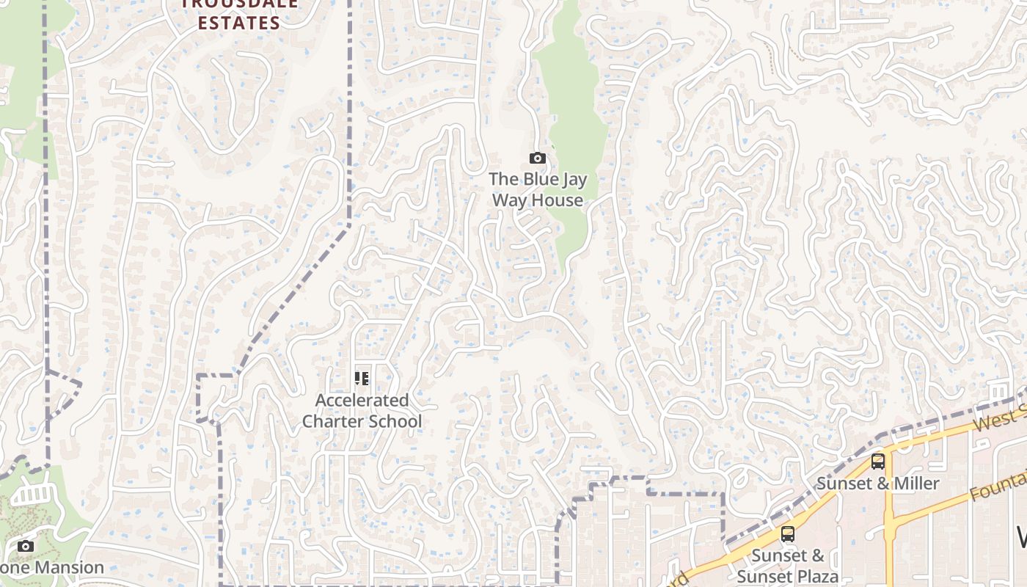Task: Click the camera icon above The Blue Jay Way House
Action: (538, 158)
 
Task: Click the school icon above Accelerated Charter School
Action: (362, 379)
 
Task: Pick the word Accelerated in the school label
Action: (362, 401)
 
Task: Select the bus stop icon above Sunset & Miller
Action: (878, 462)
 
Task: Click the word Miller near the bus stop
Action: (916, 484)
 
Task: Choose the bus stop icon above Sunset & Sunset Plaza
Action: (788, 533)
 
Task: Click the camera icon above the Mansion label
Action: (26, 546)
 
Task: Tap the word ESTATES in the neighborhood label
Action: (239, 23)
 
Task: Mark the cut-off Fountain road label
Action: (998, 486)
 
